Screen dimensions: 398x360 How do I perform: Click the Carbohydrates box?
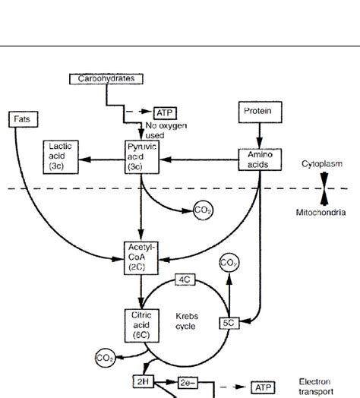coord(106,78)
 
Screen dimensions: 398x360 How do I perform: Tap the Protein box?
coord(257,112)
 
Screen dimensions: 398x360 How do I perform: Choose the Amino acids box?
coord(261,160)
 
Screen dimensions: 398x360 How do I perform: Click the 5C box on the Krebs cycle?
coord(230,323)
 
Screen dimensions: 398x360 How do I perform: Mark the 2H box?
coord(144,381)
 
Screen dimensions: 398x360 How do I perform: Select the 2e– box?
coord(188,383)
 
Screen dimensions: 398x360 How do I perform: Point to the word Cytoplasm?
coord(320,163)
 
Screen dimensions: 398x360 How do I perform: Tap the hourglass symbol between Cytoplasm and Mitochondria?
coord(324,188)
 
